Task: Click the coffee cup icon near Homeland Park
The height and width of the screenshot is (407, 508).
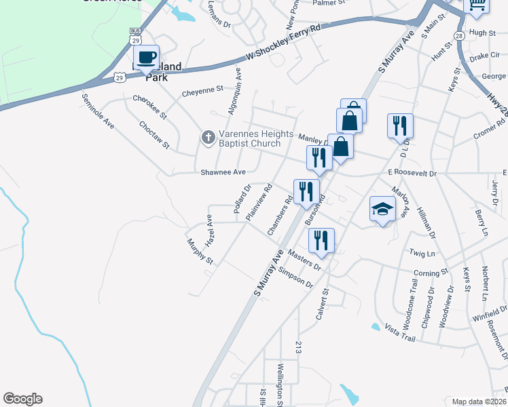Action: point(146,57)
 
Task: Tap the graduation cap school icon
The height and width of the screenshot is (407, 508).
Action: point(382,210)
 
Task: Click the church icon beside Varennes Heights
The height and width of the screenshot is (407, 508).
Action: point(208,138)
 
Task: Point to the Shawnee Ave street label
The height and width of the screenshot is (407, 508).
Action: point(223,172)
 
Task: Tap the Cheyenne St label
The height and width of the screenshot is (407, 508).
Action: point(202,90)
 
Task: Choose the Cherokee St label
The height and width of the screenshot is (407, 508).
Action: point(149,107)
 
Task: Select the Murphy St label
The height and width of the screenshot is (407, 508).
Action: point(200,251)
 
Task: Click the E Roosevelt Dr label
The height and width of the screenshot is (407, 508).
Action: point(412,173)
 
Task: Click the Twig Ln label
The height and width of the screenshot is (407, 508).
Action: point(422,253)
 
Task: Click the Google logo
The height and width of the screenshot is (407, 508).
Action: point(22,399)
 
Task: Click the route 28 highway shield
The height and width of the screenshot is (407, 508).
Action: point(460,35)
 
